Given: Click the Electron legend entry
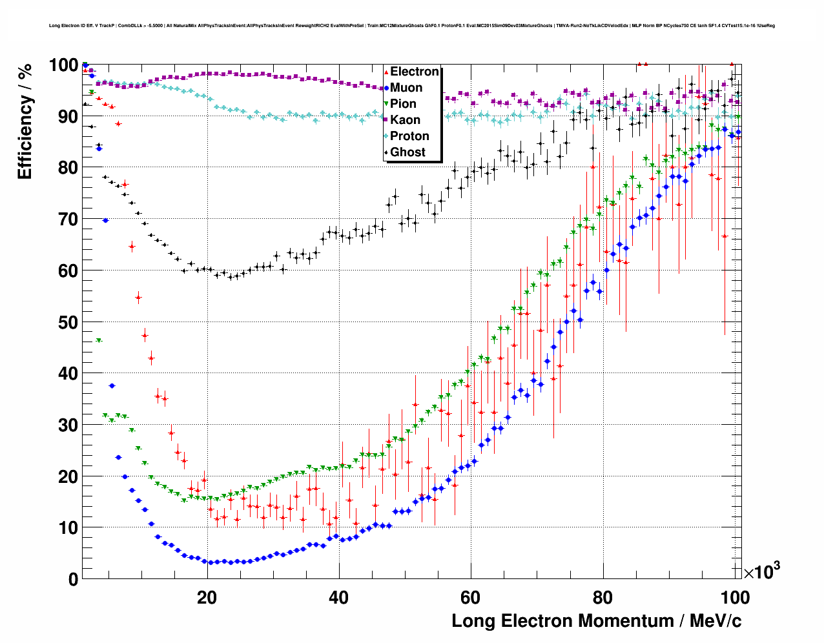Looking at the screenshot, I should click(x=414, y=72).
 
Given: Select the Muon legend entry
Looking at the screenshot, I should click(x=406, y=88).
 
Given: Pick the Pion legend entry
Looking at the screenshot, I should click(x=403, y=104).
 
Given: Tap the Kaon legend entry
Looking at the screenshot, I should click(x=405, y=120).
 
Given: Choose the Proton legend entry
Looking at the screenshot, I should click(x=409, y=136).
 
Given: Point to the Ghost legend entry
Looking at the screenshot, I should click(x=407, y=152).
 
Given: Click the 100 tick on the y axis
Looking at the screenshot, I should click(x=64, y=65).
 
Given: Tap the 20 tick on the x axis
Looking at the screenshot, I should click(x=207, y=597).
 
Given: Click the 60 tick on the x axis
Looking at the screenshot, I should click(x=471, y=597).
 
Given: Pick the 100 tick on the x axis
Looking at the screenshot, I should click(x=734, y=597).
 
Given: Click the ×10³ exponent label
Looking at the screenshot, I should click(x=762, y=571).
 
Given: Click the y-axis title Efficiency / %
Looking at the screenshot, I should click(x=25, y=121).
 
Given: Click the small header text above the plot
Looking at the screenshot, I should click(x=411, y=26).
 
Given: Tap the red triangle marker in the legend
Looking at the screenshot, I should click(x=386, y=72).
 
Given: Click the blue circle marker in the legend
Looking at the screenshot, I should click(x=386, y=88).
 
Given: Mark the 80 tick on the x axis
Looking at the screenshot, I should click(x=603, y=597).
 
